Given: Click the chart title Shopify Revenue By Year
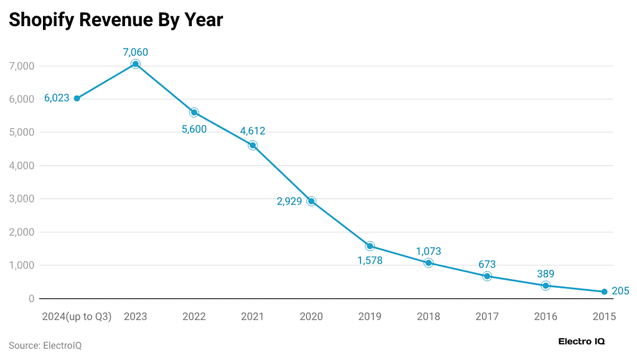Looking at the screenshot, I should [116, 20].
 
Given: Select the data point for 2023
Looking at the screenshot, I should [136, 64].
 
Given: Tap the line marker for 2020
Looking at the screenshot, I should [311, 201].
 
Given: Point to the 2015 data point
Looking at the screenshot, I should [604, 291].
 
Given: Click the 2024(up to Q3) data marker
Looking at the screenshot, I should [77, 98].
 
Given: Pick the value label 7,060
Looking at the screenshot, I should [136, 52].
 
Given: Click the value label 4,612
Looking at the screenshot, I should [253, 131].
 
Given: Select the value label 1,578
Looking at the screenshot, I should [370, 260].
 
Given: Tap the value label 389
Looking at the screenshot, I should [545, 273].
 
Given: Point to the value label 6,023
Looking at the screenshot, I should [57, 98].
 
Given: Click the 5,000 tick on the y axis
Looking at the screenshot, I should [21, 133].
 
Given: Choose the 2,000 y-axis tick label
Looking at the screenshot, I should [21, 232].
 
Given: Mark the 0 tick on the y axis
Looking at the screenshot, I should [31, 299].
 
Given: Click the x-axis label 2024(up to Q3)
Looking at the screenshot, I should [77, 316].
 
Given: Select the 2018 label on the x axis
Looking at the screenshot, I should [428, 316].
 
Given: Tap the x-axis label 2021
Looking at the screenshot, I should [253, 316].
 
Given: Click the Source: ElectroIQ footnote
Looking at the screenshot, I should [45, 345].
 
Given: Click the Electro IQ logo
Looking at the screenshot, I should [582, 341].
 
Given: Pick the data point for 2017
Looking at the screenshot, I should [487, 276].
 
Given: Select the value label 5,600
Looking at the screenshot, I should [194, 130].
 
